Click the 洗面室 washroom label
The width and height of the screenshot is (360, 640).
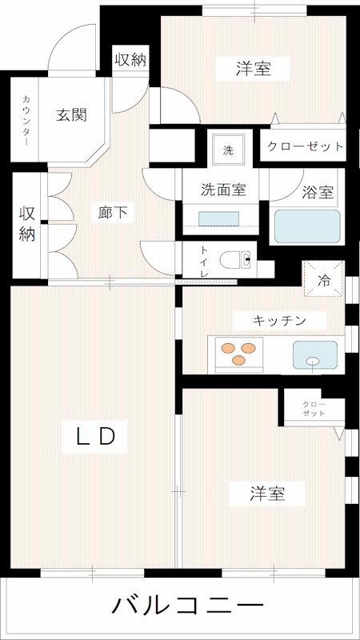coord(222,190)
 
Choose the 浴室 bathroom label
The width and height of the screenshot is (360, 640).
coord(318,193)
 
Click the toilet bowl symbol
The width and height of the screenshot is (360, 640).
coord(237,260)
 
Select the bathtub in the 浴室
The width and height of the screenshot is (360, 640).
coord(308,226)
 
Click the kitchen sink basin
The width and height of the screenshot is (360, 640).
coord(314,353)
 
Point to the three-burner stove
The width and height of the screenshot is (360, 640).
coord(236,352)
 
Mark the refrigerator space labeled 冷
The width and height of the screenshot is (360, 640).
coord(324,281)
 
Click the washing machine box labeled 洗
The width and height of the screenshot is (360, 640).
coord(228,150)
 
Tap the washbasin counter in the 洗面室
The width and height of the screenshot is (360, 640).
coord(218,218)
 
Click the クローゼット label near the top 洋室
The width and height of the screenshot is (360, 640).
coord(305,147)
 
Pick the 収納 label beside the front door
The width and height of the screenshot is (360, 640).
coord(130,59)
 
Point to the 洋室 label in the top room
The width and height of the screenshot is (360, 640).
coord(252,70)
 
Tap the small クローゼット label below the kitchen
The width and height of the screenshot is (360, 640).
coord(313,409)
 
